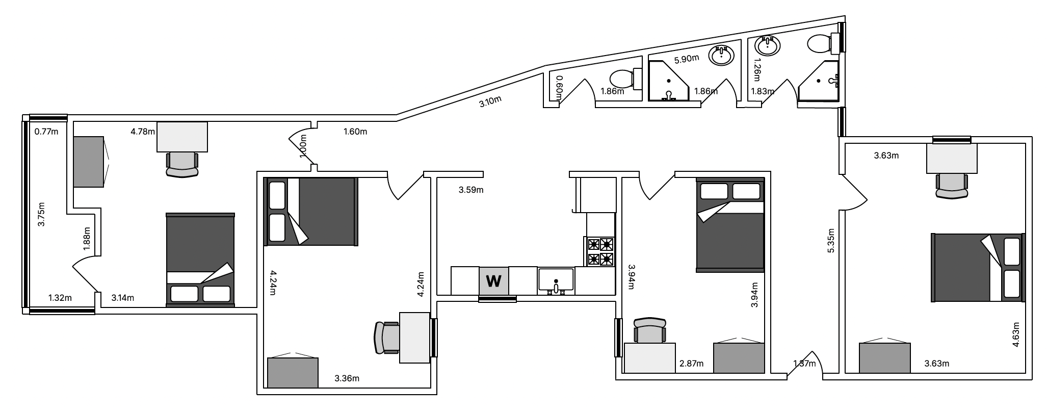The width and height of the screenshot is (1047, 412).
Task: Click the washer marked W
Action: [493, 280]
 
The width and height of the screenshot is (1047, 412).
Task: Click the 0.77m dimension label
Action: [46, 132]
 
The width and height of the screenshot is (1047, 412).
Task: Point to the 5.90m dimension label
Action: [686, 59]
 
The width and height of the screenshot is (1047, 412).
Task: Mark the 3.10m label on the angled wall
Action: [490, 101]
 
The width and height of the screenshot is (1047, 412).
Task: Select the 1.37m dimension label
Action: [804, 364]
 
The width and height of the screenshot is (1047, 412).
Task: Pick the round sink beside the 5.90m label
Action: [721, 55]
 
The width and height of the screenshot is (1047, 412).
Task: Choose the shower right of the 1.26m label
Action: [818, 82]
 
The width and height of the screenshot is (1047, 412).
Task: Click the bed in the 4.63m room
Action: [977, 267]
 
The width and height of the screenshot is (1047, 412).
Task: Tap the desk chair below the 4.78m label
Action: [181, 164]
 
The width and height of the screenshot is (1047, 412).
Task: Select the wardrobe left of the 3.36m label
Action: [293, 372]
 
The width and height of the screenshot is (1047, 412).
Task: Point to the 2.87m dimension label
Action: [691, 364]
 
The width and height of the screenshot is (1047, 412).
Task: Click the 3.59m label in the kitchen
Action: [471, 190]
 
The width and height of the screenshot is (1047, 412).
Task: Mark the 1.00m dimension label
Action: [304, 147]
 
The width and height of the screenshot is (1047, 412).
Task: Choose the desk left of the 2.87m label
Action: [650, 358]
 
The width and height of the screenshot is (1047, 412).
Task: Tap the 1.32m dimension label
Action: [60, 298]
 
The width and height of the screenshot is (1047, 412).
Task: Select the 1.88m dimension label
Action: [87, 240]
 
